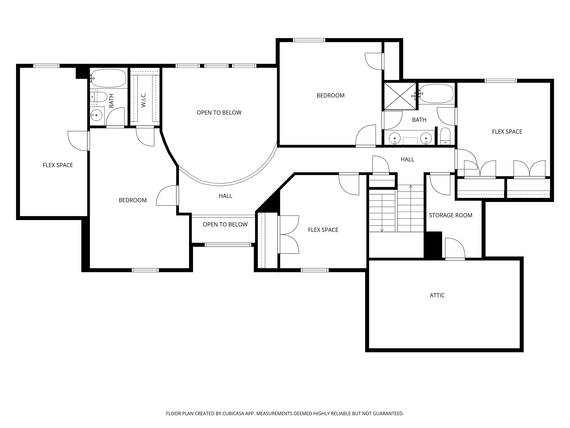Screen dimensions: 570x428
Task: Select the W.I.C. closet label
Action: (x=144, y=100)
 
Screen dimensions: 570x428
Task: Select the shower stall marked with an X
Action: (x=400, y=96)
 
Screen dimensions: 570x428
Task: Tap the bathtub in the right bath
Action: (x=436, y=93)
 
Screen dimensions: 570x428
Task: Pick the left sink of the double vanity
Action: (x=394, y=138)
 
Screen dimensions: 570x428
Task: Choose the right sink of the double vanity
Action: (x=426, y=138)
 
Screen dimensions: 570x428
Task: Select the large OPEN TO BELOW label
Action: (x=219, y=113)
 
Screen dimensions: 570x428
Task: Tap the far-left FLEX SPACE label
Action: (x=58, y=165)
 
